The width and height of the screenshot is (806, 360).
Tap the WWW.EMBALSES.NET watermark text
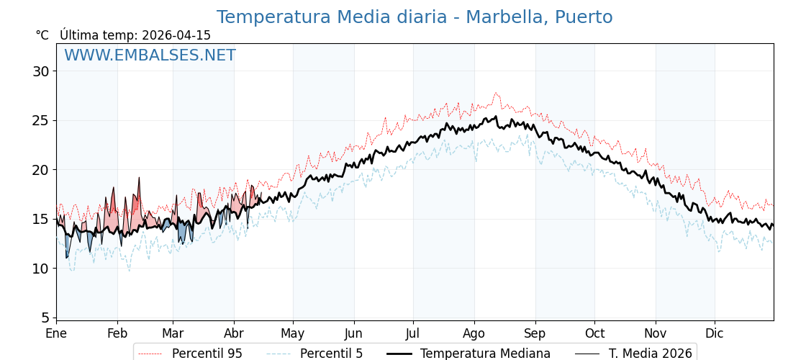[x=150, y=56]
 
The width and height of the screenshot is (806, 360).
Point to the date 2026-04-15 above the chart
[x=176, y=35]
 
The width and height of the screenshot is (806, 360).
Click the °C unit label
[x=42, y=35]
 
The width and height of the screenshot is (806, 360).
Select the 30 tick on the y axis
[x=40, y=71]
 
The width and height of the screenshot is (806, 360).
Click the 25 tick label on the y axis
[x=40, y=120]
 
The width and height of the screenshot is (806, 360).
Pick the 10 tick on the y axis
[x=40, y=269]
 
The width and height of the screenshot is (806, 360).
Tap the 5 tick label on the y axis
[x=45, y=318]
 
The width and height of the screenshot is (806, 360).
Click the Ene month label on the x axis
[x=56, y=333]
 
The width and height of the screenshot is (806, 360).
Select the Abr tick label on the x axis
[x=234, y=333]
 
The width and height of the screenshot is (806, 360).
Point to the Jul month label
[x=413, y=333]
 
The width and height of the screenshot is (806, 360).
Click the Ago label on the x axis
[x=474, y=333]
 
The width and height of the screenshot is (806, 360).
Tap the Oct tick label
[x=594, y=333]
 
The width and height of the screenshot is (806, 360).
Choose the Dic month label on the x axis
[x=715, y=333]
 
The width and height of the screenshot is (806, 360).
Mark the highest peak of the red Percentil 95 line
[x=496, y=93]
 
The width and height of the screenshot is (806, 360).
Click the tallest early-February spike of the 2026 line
[x=139, y=178]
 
